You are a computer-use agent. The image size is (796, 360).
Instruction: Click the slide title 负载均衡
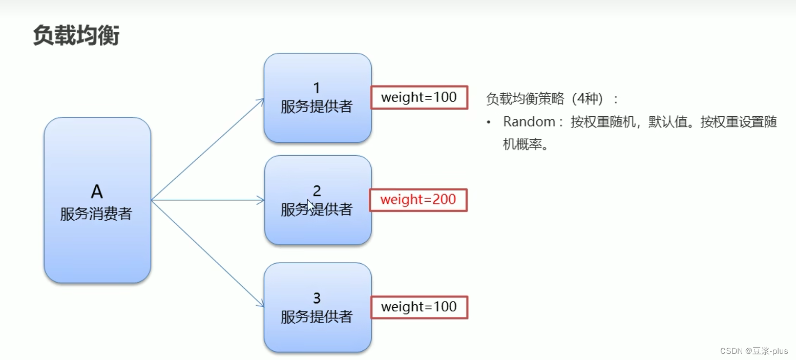click(x=76, y=36)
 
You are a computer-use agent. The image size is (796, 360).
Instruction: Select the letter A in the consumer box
click(x=97, y=191)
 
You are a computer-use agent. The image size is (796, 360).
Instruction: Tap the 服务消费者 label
click(x=96, y=214)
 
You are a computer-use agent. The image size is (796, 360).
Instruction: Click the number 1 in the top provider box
click(x=317, y=88)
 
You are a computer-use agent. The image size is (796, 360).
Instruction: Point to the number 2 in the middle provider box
click(x=317, y=191)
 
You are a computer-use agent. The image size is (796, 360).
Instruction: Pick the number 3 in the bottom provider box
click(x=317, y=298)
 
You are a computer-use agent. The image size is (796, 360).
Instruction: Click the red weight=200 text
click(x=418, y=199)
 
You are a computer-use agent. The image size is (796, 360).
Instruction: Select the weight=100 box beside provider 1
click(x=419, y=97)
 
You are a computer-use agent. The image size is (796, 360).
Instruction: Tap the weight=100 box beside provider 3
click(x=419, y=307)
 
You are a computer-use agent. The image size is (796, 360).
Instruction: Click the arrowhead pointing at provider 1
click(x=261, y=101)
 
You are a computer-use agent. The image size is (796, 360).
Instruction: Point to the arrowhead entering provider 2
click(x=261, y=200)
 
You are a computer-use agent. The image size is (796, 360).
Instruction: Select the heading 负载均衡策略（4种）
click(x=552, y=98)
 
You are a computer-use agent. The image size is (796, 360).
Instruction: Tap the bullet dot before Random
click(x=489, y=122)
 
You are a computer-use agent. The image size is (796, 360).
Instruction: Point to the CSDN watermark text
click(x=753, y=351)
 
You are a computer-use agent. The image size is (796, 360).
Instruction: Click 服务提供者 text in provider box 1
click(x=317, y=106)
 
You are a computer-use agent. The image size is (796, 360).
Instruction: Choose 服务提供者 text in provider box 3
click(x=317, y=316)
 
